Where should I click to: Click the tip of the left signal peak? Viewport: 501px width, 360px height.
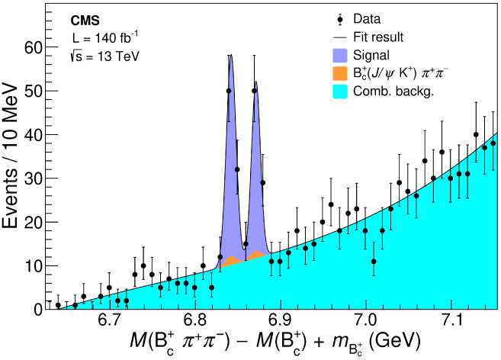(x=230, y=55)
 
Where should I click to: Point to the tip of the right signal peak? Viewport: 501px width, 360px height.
(x=255, y=82)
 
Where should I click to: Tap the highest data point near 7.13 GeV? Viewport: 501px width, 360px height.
(x=476, y=134)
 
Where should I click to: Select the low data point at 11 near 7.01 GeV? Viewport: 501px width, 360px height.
(x=374, y=261)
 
